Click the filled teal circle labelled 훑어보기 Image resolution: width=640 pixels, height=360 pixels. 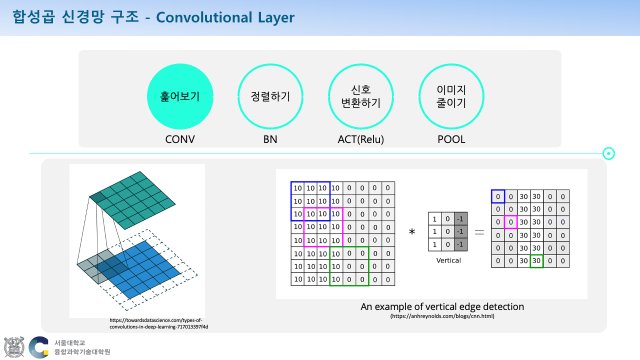click(x=180, y=96)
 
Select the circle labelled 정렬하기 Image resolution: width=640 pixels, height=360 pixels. click(x=270, y=64)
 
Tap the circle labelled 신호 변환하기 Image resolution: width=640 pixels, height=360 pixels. click(x=361, y=64)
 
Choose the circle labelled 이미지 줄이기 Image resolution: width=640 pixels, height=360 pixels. click(x=451, y=64)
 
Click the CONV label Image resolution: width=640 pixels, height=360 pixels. click(x=180, y=139)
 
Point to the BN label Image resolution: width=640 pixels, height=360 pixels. click(x=270, y=139)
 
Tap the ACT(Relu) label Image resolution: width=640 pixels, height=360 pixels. click(x=361, y=139)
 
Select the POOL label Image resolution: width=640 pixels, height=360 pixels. click(x=451, y=139)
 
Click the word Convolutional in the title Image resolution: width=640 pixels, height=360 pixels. click(x=204, y=17)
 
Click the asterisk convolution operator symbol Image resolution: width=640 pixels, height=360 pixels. click(x=411, y=231)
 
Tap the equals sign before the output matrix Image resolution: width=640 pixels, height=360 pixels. click(x=479, y=232)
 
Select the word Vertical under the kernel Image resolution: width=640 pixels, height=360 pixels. click(x=448, y=260)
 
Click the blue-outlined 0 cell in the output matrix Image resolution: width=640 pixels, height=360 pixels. click(x=498, y=196)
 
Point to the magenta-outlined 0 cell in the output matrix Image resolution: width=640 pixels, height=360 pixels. click(x=510, y=222)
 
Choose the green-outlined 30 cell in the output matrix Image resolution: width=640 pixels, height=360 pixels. click(x=536, y=261)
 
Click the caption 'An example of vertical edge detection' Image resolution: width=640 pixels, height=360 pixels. click(x=442, y=306)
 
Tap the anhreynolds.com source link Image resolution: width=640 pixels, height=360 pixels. click(x=442, y=316)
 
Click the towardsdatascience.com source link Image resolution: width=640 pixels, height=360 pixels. click(x=159, y=323)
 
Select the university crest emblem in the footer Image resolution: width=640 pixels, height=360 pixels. click(x=14, y=347)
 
